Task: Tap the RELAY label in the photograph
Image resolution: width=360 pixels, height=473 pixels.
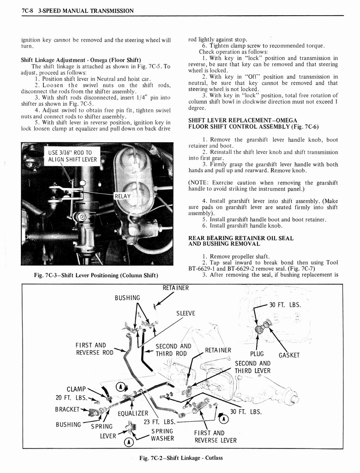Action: click(x=123, y=196)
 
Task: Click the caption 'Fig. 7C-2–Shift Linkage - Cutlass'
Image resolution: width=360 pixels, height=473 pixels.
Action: click(x=181, y=458)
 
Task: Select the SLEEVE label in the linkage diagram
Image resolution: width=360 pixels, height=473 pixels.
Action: click(x=186, y=313)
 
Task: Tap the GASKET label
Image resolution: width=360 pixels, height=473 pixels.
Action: click(x=289, y=355)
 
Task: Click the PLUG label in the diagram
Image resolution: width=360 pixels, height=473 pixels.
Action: click(x=257, y=354)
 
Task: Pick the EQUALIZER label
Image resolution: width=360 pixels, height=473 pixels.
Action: click(x=133, y=413)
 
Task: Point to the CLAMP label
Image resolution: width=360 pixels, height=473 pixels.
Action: click(x=77, y=389)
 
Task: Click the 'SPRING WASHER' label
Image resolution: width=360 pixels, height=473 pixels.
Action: click(x=162, y=435)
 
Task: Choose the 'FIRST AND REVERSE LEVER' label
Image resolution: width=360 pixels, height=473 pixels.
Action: click(x=215, y=437)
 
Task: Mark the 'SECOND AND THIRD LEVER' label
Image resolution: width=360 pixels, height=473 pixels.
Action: click(x=252, y=367)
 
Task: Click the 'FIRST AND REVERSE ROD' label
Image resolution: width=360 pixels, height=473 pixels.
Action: click(x=95, y=349)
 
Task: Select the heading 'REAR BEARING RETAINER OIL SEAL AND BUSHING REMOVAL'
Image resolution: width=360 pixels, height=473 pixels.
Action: click(x=241, y=241)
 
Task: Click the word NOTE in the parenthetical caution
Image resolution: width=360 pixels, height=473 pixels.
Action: click(x=200, y=183)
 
